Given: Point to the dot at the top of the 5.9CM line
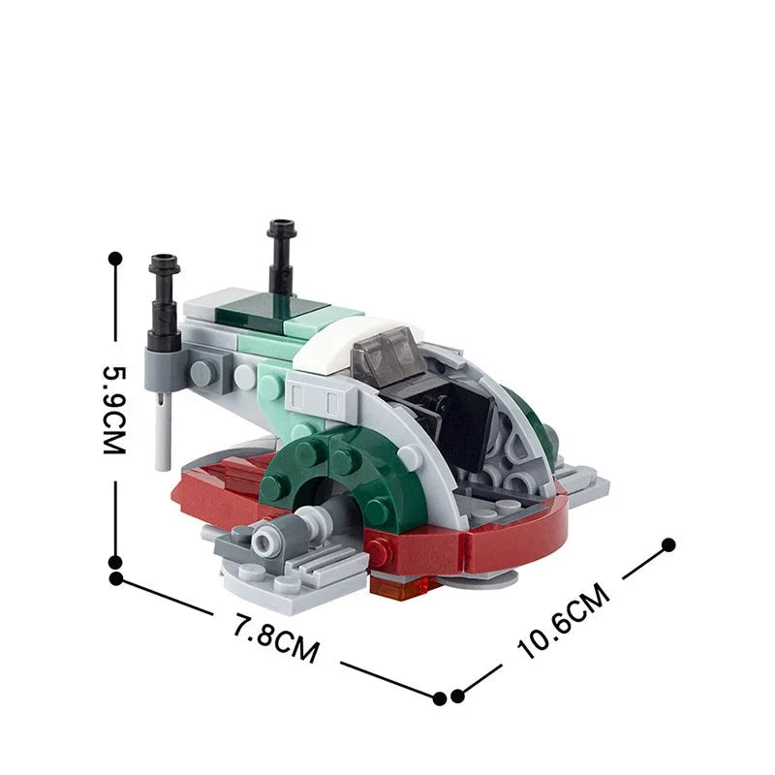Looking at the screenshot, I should pos(116,259).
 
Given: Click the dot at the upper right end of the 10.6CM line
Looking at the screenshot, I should pos(666,544).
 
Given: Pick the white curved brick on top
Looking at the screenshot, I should pos(334,346).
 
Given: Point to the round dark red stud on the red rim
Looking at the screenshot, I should pos(379,554).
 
